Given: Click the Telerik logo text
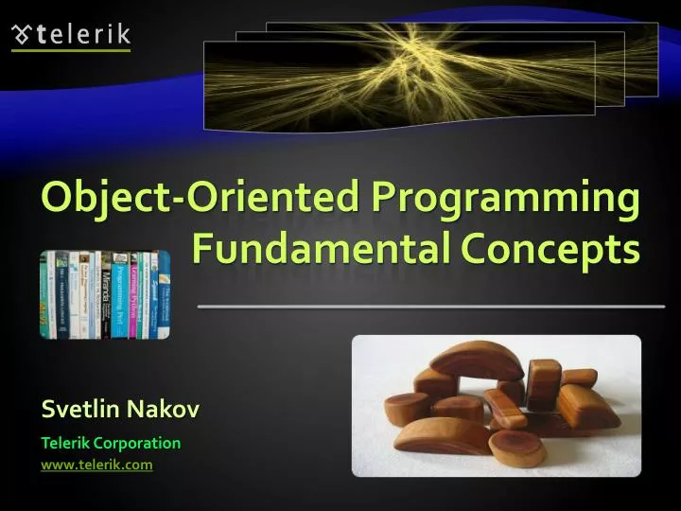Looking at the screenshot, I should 83,36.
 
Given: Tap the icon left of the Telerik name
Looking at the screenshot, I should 21,36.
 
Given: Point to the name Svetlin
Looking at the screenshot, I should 79,409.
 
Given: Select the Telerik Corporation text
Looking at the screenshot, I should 111,442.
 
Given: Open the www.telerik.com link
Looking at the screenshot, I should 96,464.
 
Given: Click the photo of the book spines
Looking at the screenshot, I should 104,293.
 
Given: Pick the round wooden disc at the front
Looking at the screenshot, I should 516,450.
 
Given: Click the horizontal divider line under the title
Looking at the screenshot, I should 430,307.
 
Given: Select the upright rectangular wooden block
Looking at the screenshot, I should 544,382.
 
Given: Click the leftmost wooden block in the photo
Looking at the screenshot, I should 405,410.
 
